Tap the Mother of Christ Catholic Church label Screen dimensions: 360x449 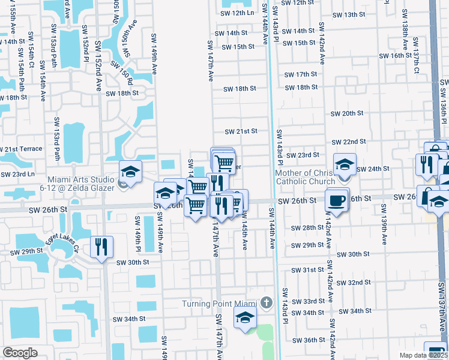(x=304, y=178)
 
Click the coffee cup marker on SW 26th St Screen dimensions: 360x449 (x=337, y=199)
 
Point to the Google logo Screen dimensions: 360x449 (x=20, y=353)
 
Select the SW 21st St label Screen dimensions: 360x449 (x=241, y=131)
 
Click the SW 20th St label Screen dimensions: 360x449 (x=347, y=113)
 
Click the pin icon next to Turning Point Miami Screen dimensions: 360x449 (x=268, y=302)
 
